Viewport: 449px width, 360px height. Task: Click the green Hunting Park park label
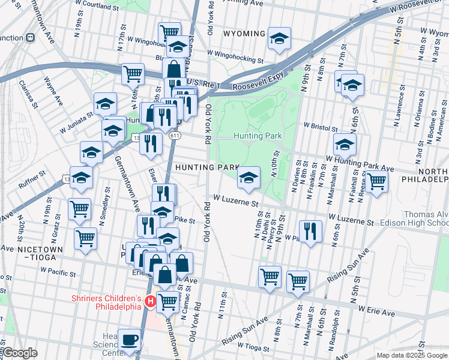pyautogui.click(x=258, y=136)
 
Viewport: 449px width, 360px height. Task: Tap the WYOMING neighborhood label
pyautogui.click(x=244, y=34)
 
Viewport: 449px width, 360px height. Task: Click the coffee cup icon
pyautogui.click(x=130, y=339)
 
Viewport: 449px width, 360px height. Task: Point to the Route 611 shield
pyautogui.click(x=175, y=136)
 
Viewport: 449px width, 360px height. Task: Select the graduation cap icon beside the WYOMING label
pyautogui.click(x=279, y=38)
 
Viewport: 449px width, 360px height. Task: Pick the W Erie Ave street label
pyautogui.click(x=376, y=313)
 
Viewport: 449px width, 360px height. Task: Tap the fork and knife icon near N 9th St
pyautogui.click(x=310, y=231)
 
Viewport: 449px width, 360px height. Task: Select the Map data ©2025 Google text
pyautogui.click(x=412, y=355)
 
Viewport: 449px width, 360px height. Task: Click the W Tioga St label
pyautogui.click(x=255, y=346)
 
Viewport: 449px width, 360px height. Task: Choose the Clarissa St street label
pyautogui.click(x=29, y=94)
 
